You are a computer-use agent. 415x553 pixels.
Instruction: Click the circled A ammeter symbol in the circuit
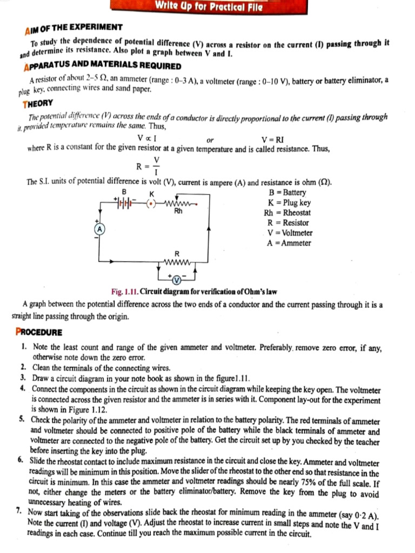pos(99,229)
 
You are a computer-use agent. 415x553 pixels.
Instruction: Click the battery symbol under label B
pos(125,204)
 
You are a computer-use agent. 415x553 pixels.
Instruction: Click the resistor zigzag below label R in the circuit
pos(177,263)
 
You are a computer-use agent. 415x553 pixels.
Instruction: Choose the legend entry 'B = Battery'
pos(287,192)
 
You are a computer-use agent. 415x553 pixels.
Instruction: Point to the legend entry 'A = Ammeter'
pos(289,243)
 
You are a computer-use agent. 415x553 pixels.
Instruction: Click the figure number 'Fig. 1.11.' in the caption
pos(124,292)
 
